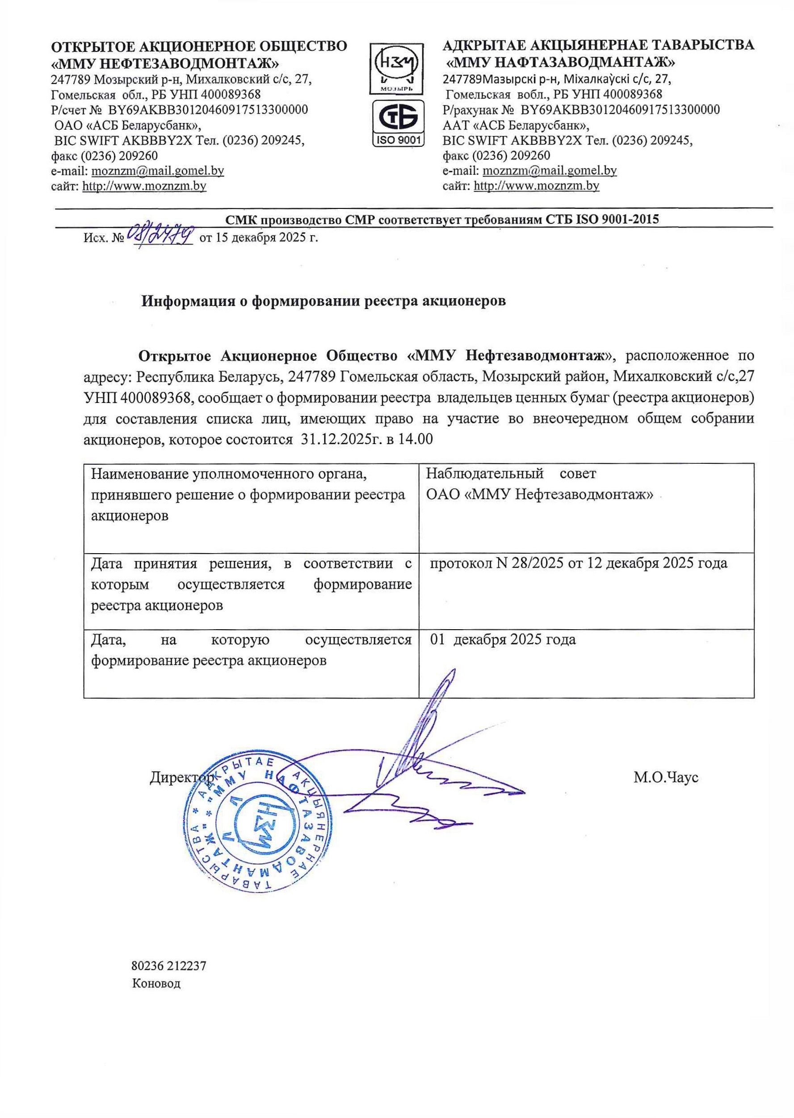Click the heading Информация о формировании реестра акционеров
tap(323, 301)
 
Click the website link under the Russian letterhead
tap(144, 186)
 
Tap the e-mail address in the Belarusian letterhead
tap(549, 170)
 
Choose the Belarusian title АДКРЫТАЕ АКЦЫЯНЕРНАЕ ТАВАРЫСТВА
tap(598, 46)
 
